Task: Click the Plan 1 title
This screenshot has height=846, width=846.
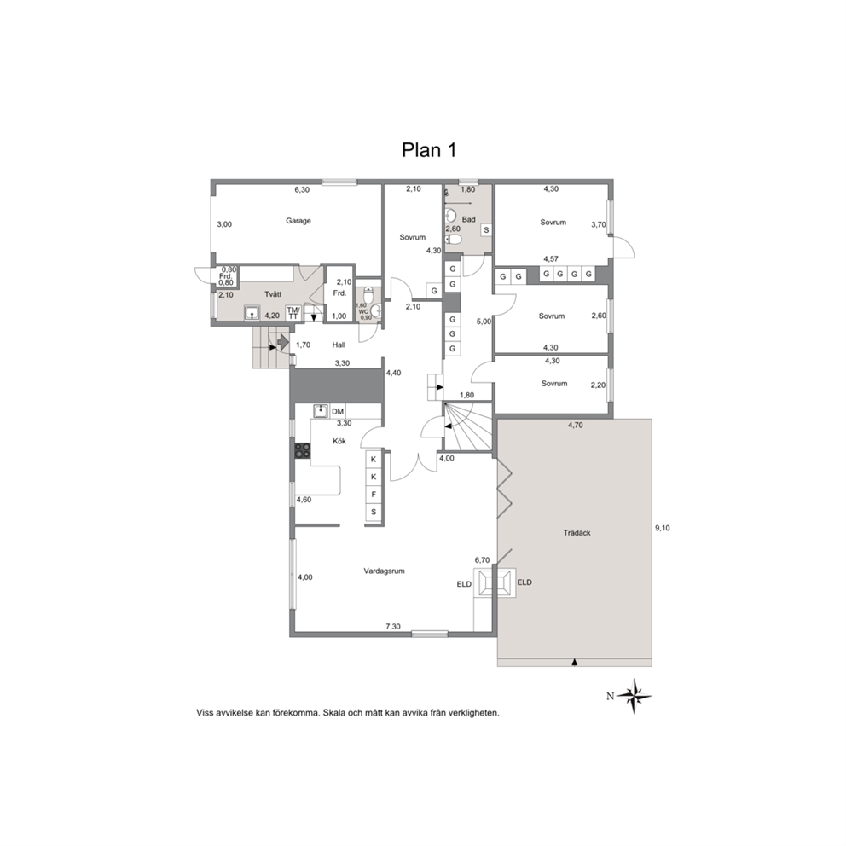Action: (429, 149)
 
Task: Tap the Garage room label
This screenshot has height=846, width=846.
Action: (298, 221)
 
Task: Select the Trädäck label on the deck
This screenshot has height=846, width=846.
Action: (577, 532)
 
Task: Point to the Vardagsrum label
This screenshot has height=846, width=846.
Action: (384, 571)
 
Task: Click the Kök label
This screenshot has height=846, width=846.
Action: (339, 441)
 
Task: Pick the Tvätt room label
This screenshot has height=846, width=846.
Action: (273, 294)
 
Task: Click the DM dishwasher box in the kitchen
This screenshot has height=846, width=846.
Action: (338, 412)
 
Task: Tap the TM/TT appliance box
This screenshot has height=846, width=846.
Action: (293, 313)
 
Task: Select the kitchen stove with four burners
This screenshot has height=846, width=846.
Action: (303, 450)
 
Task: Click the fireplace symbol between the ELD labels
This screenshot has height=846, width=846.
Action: (495, 582)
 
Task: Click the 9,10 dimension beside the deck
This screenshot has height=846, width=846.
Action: (663, 528)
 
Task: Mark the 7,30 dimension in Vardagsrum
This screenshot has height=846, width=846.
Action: (393, 627)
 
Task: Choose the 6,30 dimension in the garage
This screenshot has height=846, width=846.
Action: (302, 190)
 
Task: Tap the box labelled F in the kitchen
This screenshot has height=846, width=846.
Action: (374, 495)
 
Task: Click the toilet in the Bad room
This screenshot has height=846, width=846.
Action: (454, 240)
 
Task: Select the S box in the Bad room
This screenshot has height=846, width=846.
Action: (486, 230)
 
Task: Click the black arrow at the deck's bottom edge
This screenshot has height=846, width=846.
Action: (575, 662)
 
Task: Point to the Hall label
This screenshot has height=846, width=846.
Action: (339, 345)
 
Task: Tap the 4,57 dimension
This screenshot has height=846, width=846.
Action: (551, 259)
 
